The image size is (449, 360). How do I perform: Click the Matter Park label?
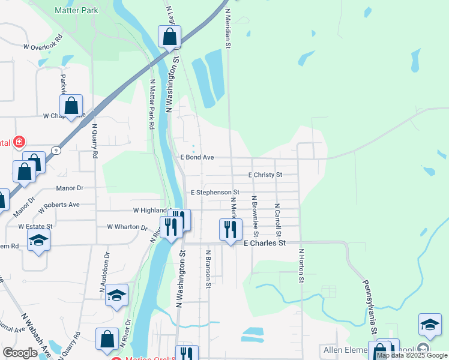[x=76, y=10]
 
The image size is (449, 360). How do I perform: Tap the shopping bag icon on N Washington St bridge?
[x=170, y=37]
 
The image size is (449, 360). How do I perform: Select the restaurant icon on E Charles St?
[x=231, y=229]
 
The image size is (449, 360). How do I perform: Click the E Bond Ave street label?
[x=197, y=157]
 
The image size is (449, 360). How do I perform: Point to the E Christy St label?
[x=265, y=175]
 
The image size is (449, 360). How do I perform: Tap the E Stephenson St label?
[x=215, y=193]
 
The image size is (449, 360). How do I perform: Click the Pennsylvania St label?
[x=369, y=306]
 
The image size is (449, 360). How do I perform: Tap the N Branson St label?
[x=208, y=269]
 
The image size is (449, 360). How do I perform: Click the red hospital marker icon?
[x=19, y=142]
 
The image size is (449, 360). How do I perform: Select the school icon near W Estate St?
[x=39, y=240]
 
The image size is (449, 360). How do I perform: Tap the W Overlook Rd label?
[x=43, y=46]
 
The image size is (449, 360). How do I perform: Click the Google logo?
[x=20, y=353]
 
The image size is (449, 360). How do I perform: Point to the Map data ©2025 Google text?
[x=412, y=355]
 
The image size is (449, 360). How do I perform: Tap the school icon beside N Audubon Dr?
[x=117, y=295]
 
